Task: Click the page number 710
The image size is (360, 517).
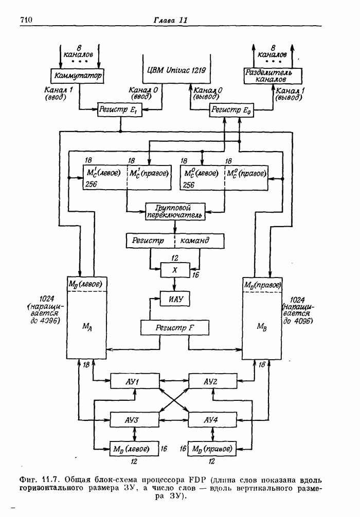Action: (26, 20)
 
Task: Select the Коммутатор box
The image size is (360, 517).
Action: (77, 76)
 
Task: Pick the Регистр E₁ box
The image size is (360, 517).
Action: (121, 109)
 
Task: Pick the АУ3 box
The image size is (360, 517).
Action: (132, 419)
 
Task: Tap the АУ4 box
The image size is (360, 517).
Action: (211, 419)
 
